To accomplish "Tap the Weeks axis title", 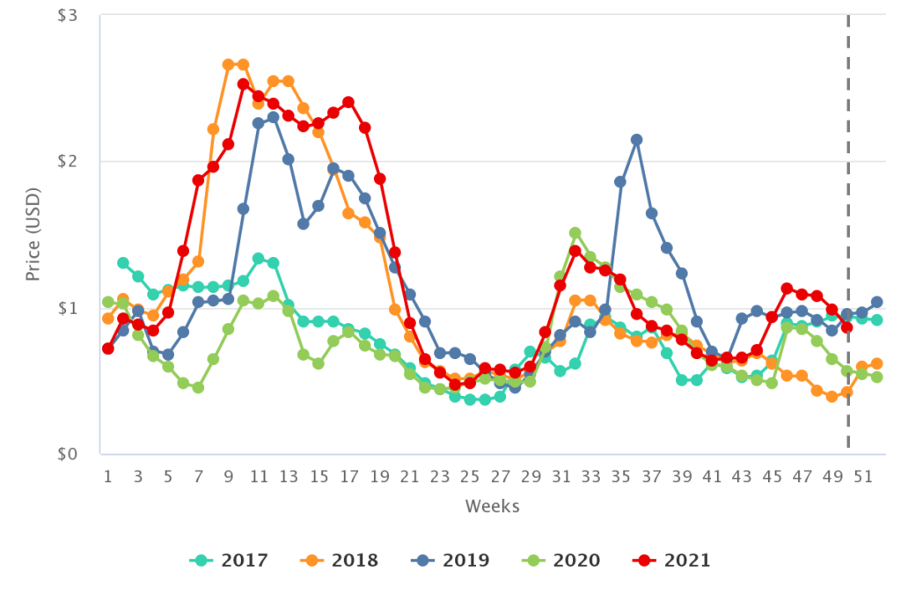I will coord(493,506).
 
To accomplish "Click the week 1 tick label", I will coord(108,476).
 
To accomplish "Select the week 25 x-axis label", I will coord(470,476).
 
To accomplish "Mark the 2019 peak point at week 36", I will coord(636,140).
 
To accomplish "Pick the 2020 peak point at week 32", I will coord(575,233).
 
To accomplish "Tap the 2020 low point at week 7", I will coord(198,387).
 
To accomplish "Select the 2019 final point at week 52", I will coord(877,302).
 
